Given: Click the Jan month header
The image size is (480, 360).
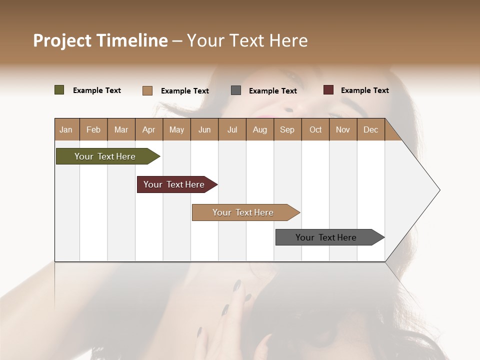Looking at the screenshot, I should [x=66, y=129].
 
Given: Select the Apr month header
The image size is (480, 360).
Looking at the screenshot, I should [x=149, y=129].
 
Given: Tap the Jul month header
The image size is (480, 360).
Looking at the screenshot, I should [x=232, y=129].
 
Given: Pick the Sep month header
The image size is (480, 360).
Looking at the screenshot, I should [x=287, y=129].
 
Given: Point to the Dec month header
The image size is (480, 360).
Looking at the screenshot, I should [x=370, y=129].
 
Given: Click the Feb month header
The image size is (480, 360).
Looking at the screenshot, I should [x=93, y=129].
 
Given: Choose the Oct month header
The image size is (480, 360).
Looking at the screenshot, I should [x=315, y=129].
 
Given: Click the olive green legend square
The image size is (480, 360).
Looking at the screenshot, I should [x=59, y=90].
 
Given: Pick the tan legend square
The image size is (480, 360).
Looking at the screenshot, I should [x=147, y=90].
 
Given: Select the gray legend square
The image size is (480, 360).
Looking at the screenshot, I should [x=236, y=90].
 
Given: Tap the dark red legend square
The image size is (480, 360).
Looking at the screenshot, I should [x=328, y=90].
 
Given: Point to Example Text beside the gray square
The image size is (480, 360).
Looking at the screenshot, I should [x=272, y=91].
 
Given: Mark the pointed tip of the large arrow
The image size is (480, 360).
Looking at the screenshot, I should [x=439, y=190].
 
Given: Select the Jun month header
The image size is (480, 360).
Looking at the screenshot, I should [x=204, y=129].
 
